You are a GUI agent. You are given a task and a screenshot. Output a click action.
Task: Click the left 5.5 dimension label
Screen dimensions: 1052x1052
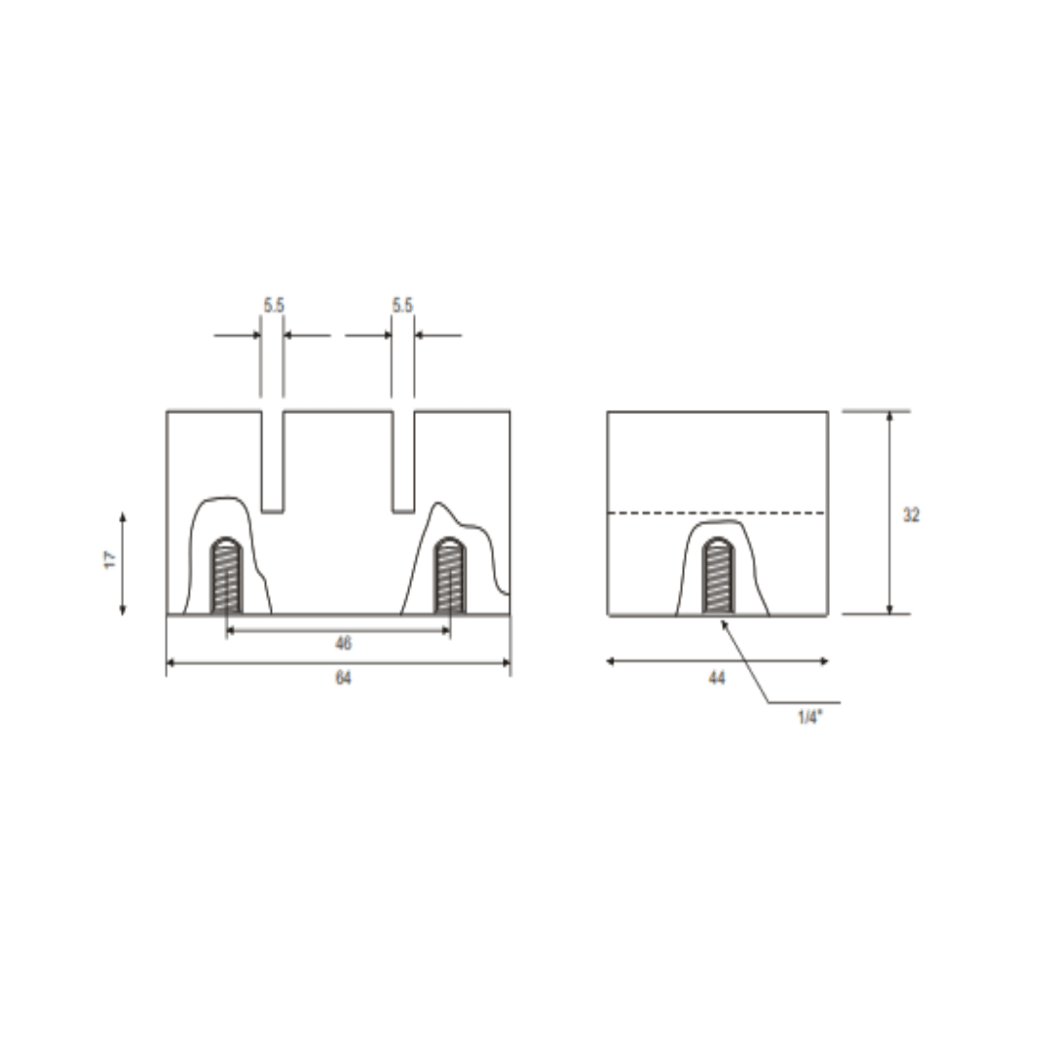pyautogui.click(x=274, y=305)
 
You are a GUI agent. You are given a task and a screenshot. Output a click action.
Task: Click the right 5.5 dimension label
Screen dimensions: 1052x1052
pyautogui.click(x=402, y=305)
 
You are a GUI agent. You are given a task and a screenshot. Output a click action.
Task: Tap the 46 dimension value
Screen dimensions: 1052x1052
pyautogui.click(x=343, y=644)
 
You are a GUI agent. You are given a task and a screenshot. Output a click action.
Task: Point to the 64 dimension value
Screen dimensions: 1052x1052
pyautogui.click(x=343, y=678)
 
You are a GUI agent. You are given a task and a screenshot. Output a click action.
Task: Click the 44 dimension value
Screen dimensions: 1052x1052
pyautogui.click(x=717, y=678)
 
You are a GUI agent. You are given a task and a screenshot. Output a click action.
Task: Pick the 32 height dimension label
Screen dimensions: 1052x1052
pyautogui.click(x=911, y=515)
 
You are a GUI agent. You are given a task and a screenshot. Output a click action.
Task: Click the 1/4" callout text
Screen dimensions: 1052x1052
pyautogui.click(x=810, y=717)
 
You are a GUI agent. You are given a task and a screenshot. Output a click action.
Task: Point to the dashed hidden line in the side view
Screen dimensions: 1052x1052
pyautogui.click(x=717, y=513)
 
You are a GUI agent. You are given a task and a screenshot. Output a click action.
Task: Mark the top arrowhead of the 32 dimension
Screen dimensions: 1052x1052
pyautogui.click(x=889, y=416)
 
